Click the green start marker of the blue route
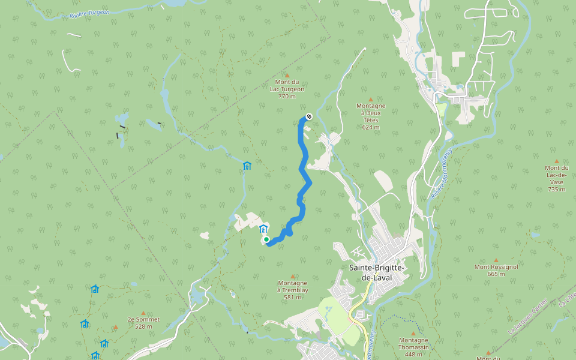click(x=266, y=239)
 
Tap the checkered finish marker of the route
click(x=308, y=116)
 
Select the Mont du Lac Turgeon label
click(x=287, y=85)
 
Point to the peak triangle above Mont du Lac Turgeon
click(x=287, y=76)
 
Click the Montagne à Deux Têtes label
click(x=371, y=113)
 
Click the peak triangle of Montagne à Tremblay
click(x=293, y=276)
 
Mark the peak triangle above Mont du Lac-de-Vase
click(x=557, y=161)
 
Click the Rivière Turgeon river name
click(x=89, y=12)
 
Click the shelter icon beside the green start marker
click(x=263, y=228)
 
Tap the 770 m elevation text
click(x=287, y=96)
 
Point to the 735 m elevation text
click(x=556, y=189)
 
